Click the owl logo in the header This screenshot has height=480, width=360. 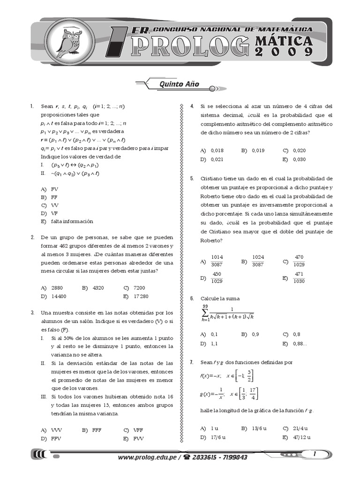(x=69, y=41)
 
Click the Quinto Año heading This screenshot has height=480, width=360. (x=173, y=84)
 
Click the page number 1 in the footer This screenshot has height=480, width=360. (x=315, y=454)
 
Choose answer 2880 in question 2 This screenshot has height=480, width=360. (x=58, y=287)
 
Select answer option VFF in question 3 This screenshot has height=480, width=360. (x=138, y=429)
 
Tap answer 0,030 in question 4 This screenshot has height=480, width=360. (x=300, y=159)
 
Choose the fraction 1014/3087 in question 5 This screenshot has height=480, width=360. (x=217, y=261)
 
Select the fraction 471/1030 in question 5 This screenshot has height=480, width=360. (x=299, y=277)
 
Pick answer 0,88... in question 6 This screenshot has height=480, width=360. (x=303, y=344)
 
